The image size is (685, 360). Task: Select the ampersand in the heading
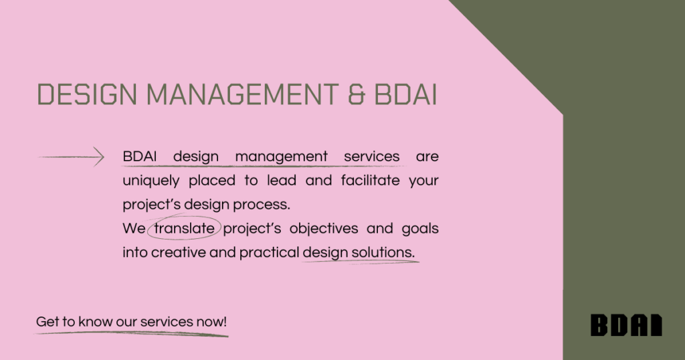pyautogui.click(x=357, y=95)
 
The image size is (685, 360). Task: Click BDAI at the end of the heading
pyautogui.click(x=405, y=95)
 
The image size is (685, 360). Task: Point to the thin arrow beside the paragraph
pyautogui.click(x=72, y=157)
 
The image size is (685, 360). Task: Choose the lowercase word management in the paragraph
pyautogui.click(x=282, y=157)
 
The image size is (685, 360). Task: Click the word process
pyautogui.click(x=267, y=205)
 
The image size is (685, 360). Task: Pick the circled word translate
pyautogui.click(x=185, y=229)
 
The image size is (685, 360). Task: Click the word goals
pyautogui.click(x=420, y=229)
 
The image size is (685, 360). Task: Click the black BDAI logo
pyautogui.click(x=626, y=325)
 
